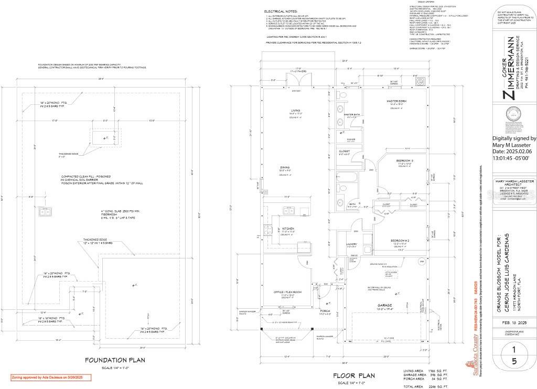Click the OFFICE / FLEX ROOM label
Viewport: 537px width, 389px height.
(x=287, y=291)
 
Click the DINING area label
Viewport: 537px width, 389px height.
(x=285, y=168)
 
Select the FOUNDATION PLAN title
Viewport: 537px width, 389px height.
(x=115, y=360)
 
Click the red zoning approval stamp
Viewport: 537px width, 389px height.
(x=51, y=377)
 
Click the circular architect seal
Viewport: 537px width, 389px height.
(x=512, y=115)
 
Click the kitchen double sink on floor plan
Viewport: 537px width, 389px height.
(x=289, y=210)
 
